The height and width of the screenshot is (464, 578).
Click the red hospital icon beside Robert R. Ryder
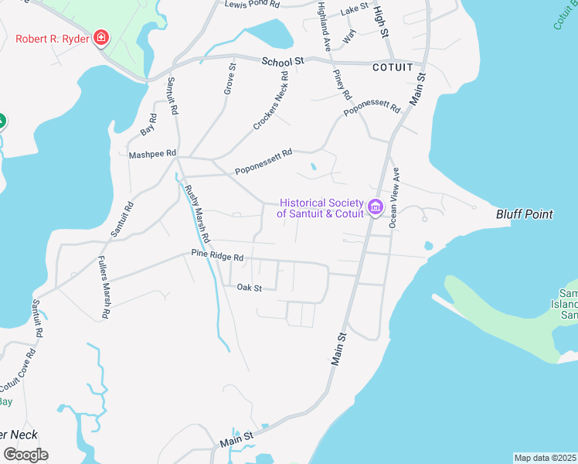click(100, 37)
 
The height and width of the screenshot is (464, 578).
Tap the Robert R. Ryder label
click(52, 37)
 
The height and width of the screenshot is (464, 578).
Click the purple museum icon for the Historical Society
click(376, 206)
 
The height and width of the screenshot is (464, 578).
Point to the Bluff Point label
click(524, 214)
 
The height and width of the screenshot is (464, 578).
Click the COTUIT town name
click(393, 67)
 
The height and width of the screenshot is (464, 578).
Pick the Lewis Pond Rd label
click(251, 5)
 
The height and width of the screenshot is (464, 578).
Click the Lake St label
click(355, 9)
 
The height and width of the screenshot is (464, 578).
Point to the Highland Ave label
click(325, 26)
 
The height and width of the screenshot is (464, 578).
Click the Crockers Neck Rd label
click(270, 101)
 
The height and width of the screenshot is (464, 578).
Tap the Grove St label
click(229, 80)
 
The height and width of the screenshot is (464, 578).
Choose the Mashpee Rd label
click(154, 154)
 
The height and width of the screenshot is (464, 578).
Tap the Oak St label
click(250, 288)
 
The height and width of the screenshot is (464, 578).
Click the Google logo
click(25, 454)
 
